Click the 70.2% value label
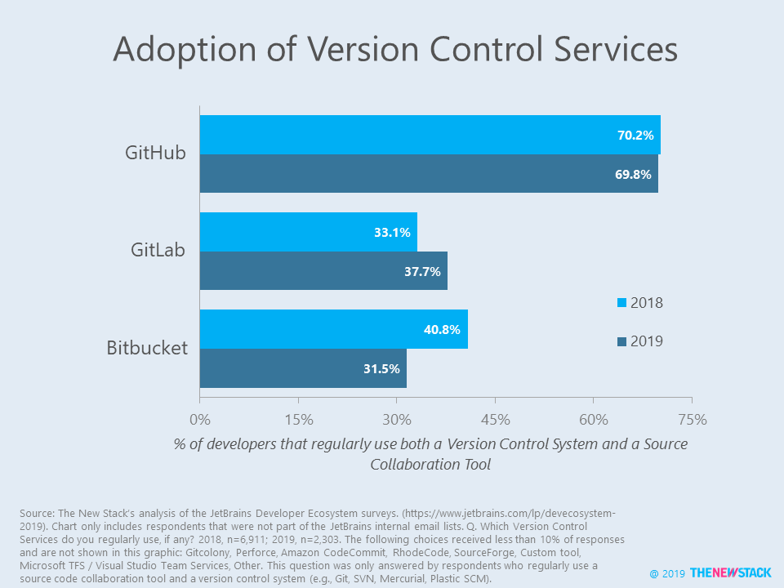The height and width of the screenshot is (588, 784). click(x=635, y=136)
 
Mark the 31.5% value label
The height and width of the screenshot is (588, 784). click(x=381, y=369)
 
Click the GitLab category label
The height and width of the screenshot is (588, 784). click(x=158, y=251)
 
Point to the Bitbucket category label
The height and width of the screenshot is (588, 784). click(x=147, y=348)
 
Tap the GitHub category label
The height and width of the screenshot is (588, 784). click(x=155, y=153)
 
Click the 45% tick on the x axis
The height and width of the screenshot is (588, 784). click(x=495, y=420)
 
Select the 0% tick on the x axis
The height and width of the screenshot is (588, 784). click(x=200, y=420)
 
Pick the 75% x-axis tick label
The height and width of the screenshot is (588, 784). click(x=693, y=420)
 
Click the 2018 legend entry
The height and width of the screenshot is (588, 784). click(x=639, y=303)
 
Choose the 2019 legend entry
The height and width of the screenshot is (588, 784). click(x=639, y=341)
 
